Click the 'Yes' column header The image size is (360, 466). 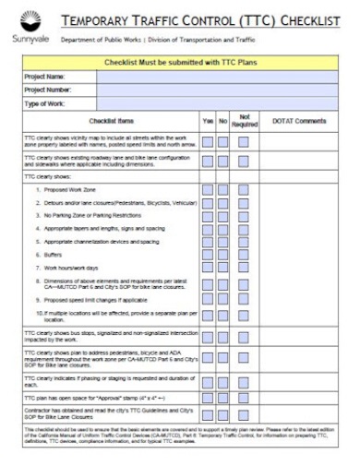click(208, 121)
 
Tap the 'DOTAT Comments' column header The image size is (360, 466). click(299, 121)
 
